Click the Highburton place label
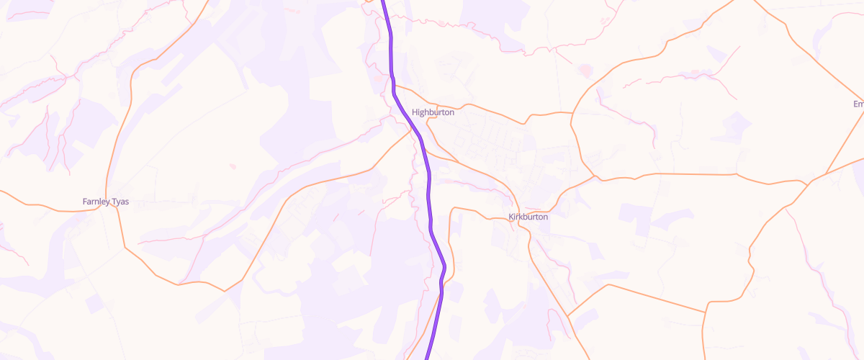click(x=433, y=112)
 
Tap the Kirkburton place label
click(x=528, y=217)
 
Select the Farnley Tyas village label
click(x=106, y=202)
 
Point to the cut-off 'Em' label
click(x=858, y=104)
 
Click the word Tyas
click(x=120, y=202)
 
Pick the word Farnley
click(x=96, y=202)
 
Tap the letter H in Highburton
click(x=415, y=112)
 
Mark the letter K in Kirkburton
click(x=510, y=217)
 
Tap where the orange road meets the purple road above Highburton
click(x=395, y=86)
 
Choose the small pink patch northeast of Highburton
click(x=584, y=71)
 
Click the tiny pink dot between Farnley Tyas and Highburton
click(x=233, y=166)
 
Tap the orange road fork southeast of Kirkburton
click(x=567, y=315)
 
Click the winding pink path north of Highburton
click(x=446, y=24)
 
